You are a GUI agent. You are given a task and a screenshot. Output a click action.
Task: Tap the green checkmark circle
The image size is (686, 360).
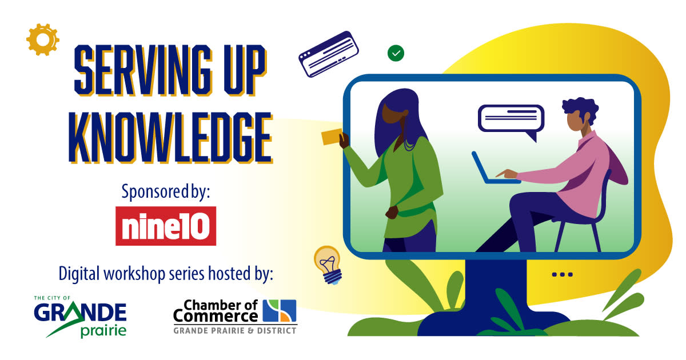pos(396,53)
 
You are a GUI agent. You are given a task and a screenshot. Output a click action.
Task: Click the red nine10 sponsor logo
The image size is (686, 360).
pos(166,226)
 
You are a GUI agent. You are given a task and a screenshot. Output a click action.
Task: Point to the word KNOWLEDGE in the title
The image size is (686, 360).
pos(170,138)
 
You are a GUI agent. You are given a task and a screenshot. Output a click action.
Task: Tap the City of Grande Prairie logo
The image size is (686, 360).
pos(80,317)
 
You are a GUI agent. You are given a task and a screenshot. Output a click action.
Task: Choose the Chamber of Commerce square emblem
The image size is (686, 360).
pos(280,310)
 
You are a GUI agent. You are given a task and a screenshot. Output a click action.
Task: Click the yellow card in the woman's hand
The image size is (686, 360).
pos(332,137)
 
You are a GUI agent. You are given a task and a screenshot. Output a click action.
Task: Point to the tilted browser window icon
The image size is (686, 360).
pos(328,54)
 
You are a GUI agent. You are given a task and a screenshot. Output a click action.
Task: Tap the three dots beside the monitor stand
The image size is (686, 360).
pos(563,274)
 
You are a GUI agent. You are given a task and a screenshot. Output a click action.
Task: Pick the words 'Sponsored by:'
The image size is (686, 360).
pos(166,192)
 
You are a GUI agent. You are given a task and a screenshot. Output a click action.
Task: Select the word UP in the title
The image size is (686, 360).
pos(245,70)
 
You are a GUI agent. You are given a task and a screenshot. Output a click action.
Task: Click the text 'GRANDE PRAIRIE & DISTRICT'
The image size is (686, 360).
pos(235,331)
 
